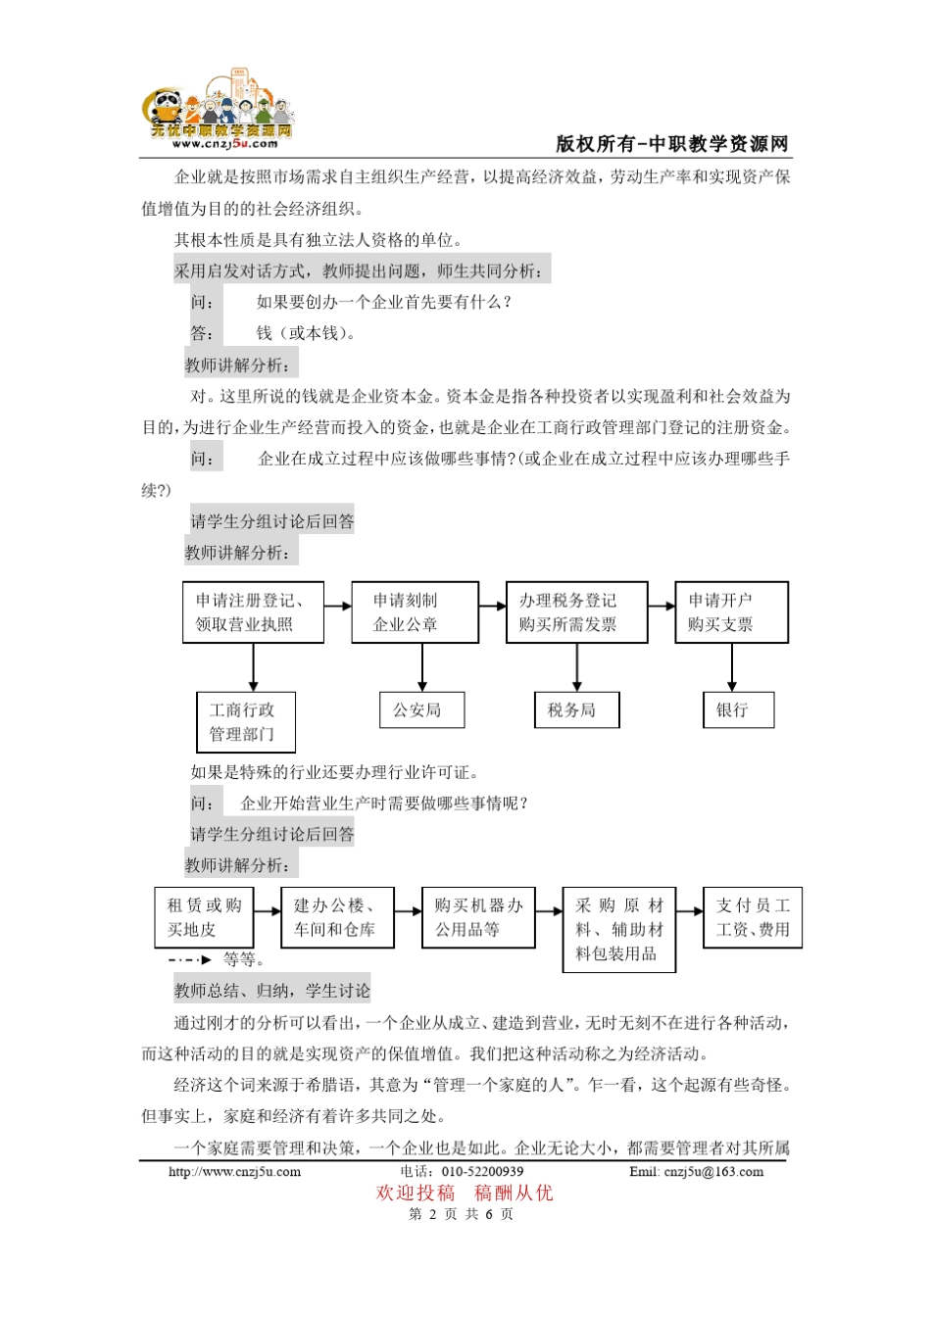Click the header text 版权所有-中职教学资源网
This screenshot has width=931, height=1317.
tap(672, 144)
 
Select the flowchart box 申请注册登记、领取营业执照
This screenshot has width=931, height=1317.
tap(253, 612)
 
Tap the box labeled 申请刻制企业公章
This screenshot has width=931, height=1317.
tap(416, 612)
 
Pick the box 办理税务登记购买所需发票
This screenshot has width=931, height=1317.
tap(576, 612)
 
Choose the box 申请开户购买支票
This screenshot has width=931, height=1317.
tap(731, 612)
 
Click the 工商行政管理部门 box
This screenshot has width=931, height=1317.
tap(246, 722)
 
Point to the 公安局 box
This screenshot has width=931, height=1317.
tap(421, 710)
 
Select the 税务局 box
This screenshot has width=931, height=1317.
tap(576, 710)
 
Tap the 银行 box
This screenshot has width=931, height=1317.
tap(738, 710)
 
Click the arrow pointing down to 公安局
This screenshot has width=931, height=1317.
tap(422, 668)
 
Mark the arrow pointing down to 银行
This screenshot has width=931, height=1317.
tap(732, 668)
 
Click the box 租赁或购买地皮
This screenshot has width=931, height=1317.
tap(204, 917)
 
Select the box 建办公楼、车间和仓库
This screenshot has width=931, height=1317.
tap(337, 917)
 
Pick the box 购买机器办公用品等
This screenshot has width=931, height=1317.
tap(478, 917)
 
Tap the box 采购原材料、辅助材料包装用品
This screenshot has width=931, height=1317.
tap(619, 929)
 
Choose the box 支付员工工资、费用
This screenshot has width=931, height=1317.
tap(753, 917)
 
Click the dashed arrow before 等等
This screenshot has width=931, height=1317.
tap(190, 960)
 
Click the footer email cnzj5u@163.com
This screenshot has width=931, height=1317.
tap(696, 1171)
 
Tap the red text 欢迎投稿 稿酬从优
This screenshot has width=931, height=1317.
tap(465, 1193)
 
